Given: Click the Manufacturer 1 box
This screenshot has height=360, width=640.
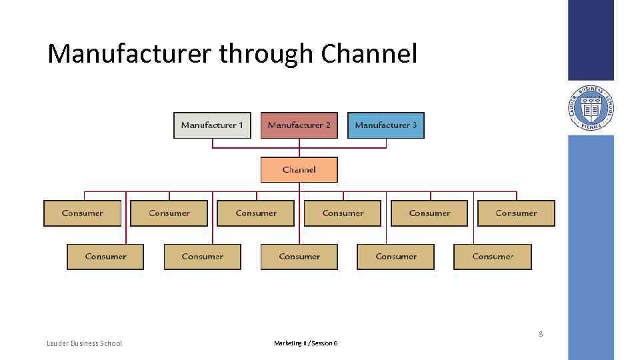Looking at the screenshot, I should (x=212, y=125).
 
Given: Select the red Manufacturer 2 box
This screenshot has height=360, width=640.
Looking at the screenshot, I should (x=299, y=125).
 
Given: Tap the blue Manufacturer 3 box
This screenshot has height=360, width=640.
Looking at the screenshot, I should (x=385, y=125).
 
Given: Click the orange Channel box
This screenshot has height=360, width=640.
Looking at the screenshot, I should (x=299, y=170).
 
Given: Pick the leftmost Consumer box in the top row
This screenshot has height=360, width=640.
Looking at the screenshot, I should (x=83, y=213).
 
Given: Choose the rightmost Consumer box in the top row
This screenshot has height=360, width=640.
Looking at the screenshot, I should (x=516, y=213).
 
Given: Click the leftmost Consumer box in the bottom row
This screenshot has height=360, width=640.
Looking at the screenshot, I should (x=105, y=257).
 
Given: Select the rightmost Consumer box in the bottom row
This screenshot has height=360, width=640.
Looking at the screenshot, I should (x=493, y=257).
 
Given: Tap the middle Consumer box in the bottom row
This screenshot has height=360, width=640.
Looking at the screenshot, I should (x=299, y=257).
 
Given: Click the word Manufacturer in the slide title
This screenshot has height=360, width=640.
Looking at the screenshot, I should (x=130, y=54).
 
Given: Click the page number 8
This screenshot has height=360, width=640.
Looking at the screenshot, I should (x=541, y=334).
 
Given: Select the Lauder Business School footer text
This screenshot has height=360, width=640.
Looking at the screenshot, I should (x=85, y=343).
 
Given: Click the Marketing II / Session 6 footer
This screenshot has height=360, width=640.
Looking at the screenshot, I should (x=305, y=343).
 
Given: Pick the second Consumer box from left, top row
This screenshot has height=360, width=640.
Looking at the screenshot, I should (x=169, y=213).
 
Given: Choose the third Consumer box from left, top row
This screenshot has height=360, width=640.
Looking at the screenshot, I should (x=256, y=213).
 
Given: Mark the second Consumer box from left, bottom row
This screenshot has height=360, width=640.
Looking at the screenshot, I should (x=202, y=257).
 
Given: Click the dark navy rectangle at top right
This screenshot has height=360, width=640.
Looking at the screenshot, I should (x=591, y=40).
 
